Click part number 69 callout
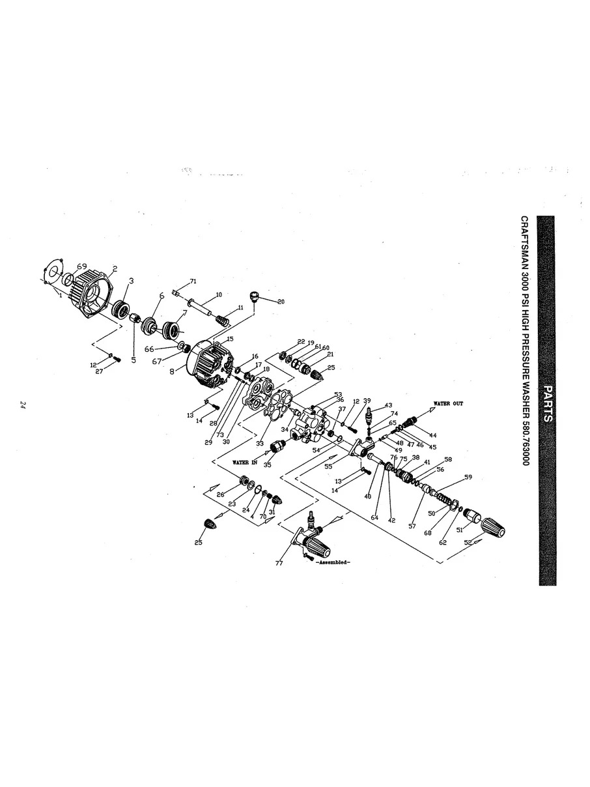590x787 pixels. click(x=81, y=266)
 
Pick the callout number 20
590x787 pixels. click(x=281, y=302)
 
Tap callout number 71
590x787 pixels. click(x=193, y=281)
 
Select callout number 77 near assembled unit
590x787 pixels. click(x=279, y=564)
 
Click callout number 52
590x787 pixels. click(x=468, y=541)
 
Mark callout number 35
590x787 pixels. click(x=267, y=465)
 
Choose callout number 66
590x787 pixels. click(x=149, y=349)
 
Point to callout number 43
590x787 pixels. click(x=388, y=405)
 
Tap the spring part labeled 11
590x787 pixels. click(x=223, y=320)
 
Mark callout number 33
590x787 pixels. click(x=259, y=443)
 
